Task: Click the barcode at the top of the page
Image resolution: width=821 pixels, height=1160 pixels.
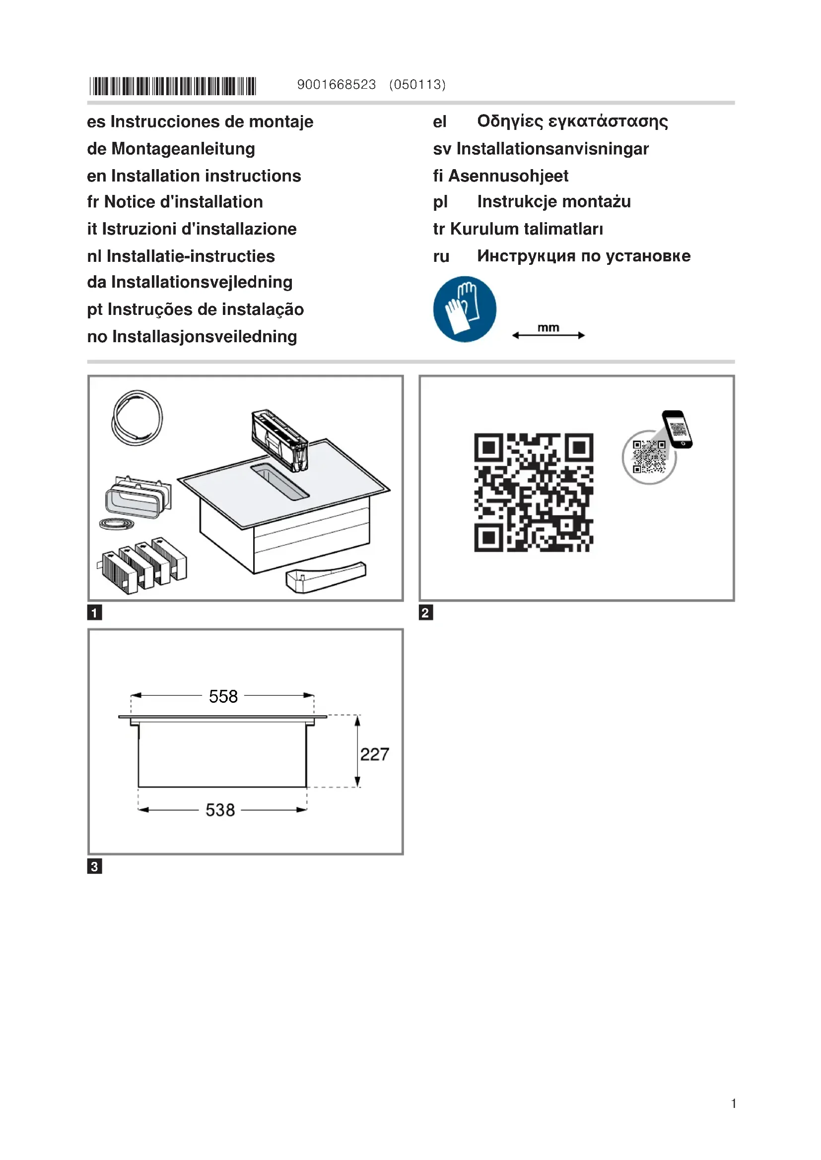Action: click(173, 86)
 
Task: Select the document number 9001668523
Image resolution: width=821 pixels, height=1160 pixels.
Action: click(336, 84)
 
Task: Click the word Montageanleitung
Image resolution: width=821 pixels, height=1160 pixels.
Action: click(183, 149)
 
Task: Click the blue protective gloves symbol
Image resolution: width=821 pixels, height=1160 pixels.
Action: click(465, 308)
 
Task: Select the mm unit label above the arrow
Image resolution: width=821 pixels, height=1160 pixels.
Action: click(548, 327)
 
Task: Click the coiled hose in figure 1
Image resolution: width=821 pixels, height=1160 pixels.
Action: click(137, 418)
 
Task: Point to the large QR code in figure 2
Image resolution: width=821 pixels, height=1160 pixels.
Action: click(533, 492)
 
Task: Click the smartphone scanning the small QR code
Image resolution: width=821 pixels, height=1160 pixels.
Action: click(678, 429)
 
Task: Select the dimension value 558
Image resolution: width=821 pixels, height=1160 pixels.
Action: click(223, 696)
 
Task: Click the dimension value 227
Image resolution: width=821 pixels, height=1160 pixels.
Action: click(374, 754)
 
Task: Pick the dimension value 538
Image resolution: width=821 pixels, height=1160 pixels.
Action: click(220, 810)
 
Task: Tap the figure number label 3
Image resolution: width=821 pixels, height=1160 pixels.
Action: click(94, 866)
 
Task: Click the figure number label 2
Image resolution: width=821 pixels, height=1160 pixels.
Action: click(426, 613)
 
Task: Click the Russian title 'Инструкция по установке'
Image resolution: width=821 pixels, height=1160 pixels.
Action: click(583, 255)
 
